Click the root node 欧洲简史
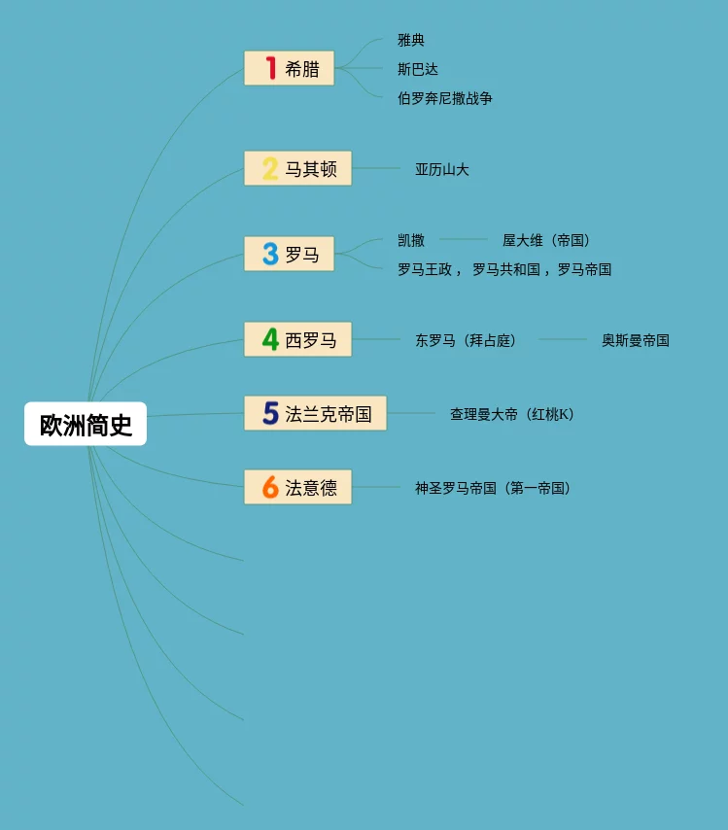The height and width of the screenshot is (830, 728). coord(86,425)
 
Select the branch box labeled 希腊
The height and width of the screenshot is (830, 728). coord(289,68)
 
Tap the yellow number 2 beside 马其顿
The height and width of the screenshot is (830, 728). coord(270,169)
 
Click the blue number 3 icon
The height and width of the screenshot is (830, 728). coord(270,255)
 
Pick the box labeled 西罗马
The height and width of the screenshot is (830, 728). coord(297,340)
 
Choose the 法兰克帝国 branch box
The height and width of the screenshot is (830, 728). coord(315,414)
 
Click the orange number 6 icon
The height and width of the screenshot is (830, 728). coord(270,487)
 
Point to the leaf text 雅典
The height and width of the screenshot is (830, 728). coord(411,40)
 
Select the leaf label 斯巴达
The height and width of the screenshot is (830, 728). coord(418,69)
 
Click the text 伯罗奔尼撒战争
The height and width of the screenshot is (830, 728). coord(445,98)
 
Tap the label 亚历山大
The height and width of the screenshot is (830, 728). coord(442,169)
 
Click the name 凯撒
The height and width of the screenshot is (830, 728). coord(411,240)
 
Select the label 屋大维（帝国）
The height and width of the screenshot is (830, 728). coord(546,240)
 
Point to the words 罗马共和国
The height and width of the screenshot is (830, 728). coord(506,269)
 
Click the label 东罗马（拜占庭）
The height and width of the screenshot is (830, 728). coord(466,340)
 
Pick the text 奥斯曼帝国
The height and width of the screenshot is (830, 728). coord(635,340)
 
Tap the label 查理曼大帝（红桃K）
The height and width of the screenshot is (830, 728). coord(511,414)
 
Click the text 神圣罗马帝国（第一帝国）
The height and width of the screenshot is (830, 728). coord(492,488)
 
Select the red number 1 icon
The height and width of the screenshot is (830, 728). coord(271,68)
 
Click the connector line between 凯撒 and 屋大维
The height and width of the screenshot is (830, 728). coord(463,239)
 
